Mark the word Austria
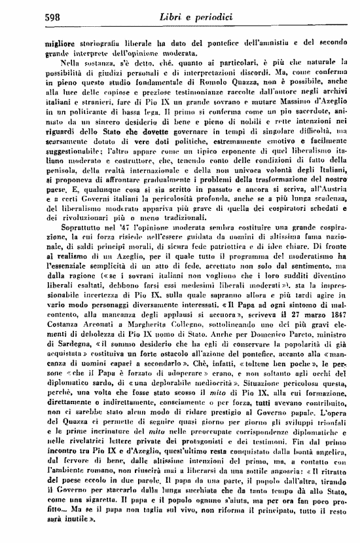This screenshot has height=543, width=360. click(323, 208)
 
